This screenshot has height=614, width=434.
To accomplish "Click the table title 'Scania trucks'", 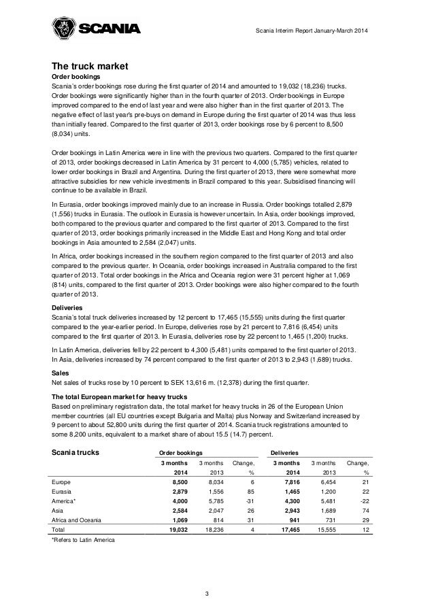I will (x=77, y=451).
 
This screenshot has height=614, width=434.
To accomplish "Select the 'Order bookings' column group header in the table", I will (x=180, y=452).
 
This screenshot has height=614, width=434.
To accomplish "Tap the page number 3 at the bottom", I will (x=216, y=596).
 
